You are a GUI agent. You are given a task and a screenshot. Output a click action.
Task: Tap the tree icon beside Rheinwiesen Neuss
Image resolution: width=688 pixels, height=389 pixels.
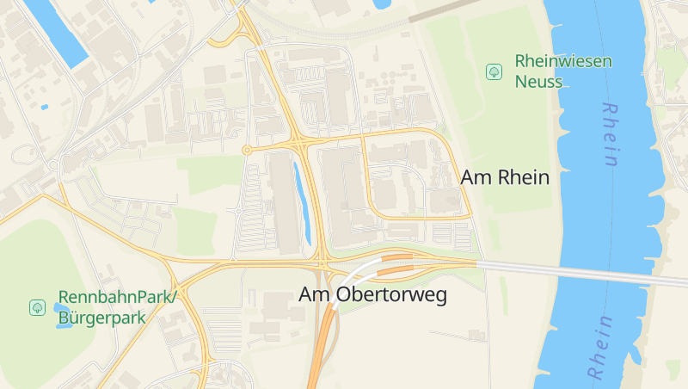point(494,71)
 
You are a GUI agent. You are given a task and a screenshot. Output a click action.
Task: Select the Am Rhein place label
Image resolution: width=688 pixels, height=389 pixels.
point(505,177)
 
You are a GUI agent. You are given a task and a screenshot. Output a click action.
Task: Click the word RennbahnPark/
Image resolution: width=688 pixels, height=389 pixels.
point(117,297)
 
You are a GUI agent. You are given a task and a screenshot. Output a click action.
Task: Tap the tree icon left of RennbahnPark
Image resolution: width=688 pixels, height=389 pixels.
point(37,307)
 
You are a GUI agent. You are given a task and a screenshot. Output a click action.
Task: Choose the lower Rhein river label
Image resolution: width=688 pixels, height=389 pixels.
point(600,348)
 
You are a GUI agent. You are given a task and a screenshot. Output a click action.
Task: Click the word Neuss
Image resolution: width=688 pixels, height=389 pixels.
point(538,83)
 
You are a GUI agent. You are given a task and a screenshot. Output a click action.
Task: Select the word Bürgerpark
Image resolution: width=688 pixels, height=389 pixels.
point(101,318)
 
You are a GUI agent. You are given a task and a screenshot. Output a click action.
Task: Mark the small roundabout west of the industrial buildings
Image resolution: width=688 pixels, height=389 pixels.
point(247,151)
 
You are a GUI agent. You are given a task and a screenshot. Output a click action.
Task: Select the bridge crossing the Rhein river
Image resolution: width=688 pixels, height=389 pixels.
point(585,274)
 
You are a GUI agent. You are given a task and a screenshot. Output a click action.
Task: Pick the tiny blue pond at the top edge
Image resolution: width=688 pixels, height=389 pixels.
point(382,3)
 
